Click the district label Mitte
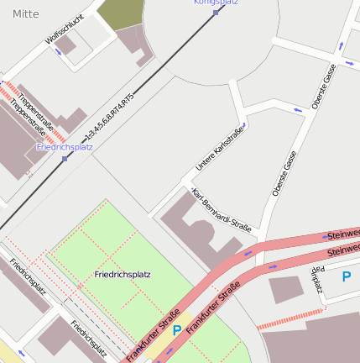click(x=25, y=13)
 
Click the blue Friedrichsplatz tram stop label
click(x=65, y=147)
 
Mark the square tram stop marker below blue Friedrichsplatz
click(x=65, y=158)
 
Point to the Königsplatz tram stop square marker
click(x=216, y=13)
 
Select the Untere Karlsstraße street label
click(x=219, y=149)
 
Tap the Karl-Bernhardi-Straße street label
click(x=222, y=210)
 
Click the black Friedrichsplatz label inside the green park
click(x=123, y=275)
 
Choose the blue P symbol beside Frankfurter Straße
click(x=176, y=330)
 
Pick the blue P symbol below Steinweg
click(x=346, y=276)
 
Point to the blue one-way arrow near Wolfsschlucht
click(x=59, y=52)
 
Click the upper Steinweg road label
click(x=342, y=234)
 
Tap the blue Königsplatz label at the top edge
click(x=215, y=3)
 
